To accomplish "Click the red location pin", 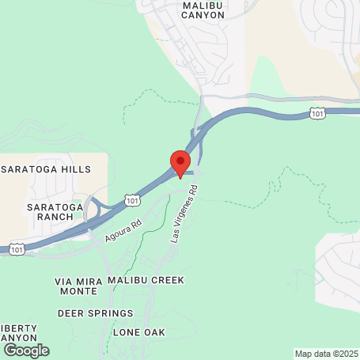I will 180,162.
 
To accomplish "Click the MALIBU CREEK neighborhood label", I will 146,280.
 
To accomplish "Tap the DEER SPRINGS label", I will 91,313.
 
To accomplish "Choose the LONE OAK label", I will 139,332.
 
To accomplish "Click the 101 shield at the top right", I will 317,115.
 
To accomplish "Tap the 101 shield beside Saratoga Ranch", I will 131,201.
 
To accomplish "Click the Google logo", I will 26,350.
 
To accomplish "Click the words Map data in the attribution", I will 312,354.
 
